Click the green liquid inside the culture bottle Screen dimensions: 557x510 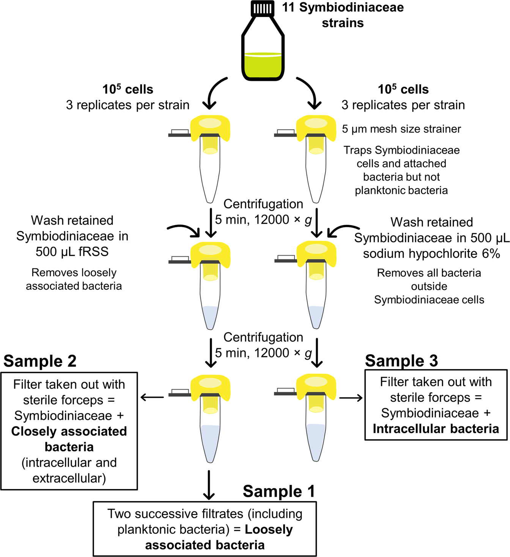[x=263, y=66]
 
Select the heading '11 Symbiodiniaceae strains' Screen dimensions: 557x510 [x=343, y=15]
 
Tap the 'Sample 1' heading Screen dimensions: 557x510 [x=279, y=491]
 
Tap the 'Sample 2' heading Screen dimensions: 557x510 [x=40, y=361]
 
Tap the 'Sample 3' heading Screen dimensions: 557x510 [x=401, y=361]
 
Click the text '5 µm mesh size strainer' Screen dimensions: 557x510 [x=401, y=129]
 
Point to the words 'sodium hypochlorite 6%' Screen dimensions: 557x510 [x=431, y=254]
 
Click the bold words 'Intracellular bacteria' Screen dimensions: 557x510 [x=436, y=429]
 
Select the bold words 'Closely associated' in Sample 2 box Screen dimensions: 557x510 [x=69, y=431]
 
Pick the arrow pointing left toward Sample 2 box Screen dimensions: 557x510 [x=152, y=398]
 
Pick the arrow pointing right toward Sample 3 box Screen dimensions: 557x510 [x=351, y=398]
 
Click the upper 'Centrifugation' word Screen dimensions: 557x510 [x=263, y=204]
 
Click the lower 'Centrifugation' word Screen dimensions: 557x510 [x=263, y=337]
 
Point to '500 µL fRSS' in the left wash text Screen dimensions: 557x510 [x=72, y=252]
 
